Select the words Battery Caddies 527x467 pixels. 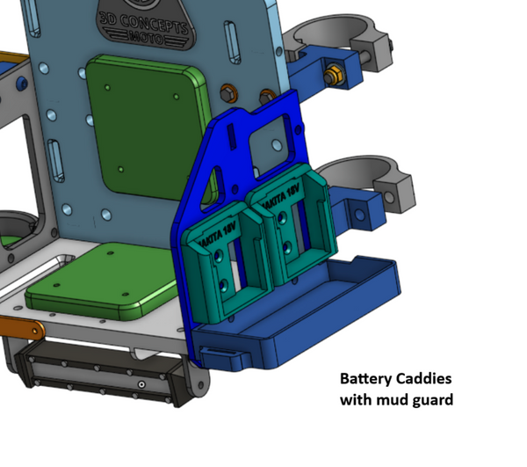point(395,379)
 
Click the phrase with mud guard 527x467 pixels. point(396,400)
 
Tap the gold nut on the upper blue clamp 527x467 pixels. point(335,74)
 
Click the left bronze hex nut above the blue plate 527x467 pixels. point(228,91)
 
